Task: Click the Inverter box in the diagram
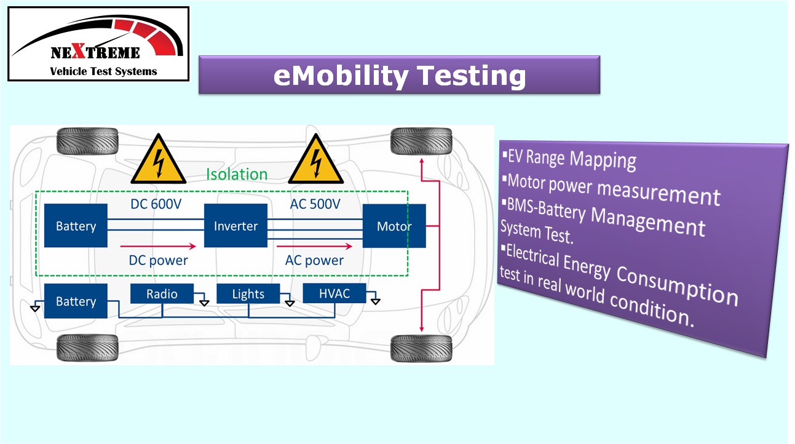235,225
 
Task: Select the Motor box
394,226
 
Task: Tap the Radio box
162,293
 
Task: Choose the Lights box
248,293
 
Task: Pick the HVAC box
334,293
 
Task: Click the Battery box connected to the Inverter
76,225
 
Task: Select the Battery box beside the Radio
76,301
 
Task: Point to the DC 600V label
156,204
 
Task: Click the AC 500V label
315,204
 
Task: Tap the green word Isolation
237,174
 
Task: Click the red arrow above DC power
158,246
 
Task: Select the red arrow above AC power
314,246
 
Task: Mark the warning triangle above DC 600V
158,159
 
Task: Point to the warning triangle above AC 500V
315,159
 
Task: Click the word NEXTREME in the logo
95,52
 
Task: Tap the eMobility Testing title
399,75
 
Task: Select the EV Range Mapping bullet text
569,159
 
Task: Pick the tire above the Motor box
421,141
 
